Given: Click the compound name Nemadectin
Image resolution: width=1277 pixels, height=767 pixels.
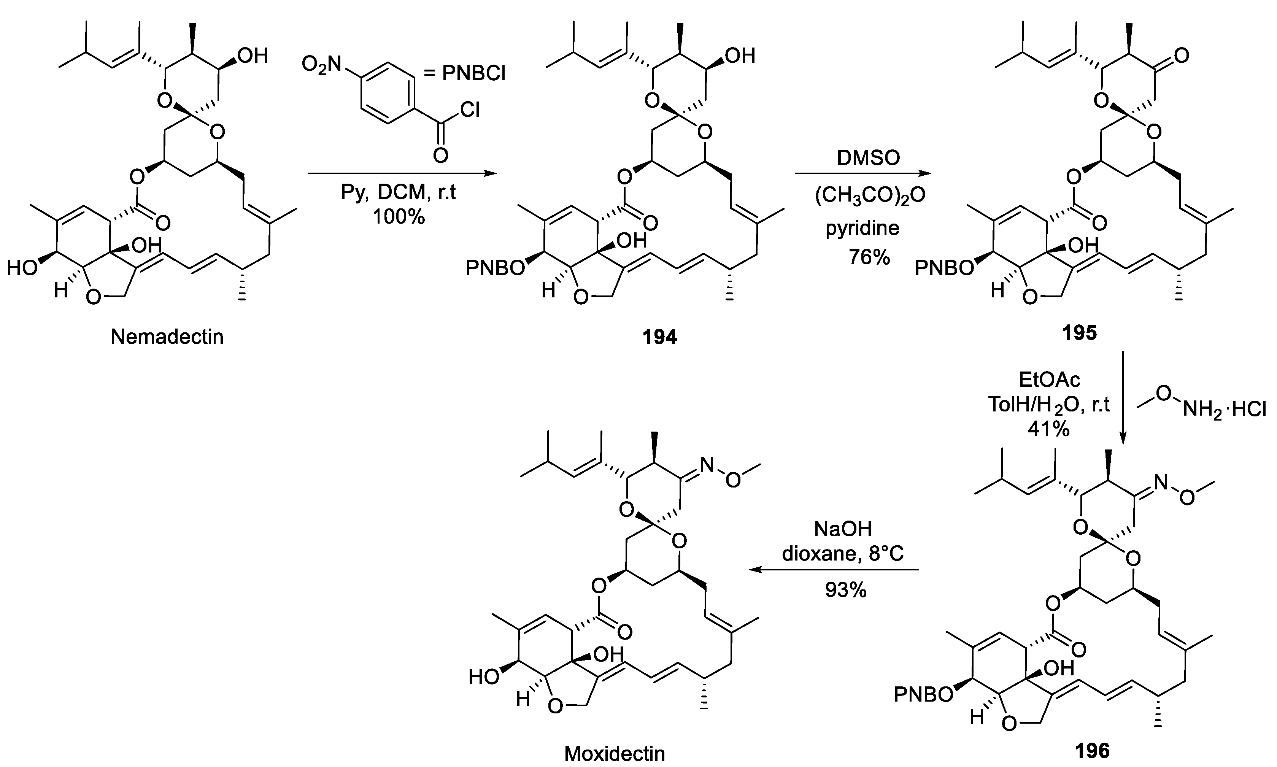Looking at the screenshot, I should point(167,337).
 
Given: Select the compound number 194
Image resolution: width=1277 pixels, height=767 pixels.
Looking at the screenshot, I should point(660,337).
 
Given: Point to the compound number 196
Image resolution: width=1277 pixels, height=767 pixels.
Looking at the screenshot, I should point(1093,751).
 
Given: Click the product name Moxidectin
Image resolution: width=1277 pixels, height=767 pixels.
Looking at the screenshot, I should point(615,754).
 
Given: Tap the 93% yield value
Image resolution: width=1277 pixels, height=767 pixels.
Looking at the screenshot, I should point(845,590).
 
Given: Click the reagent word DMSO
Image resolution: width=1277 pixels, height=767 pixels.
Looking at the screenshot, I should point(868,158).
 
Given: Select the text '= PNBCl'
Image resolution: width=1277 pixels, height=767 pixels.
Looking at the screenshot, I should point(464,74).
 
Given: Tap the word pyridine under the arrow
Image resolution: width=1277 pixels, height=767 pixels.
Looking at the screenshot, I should point(862,228).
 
